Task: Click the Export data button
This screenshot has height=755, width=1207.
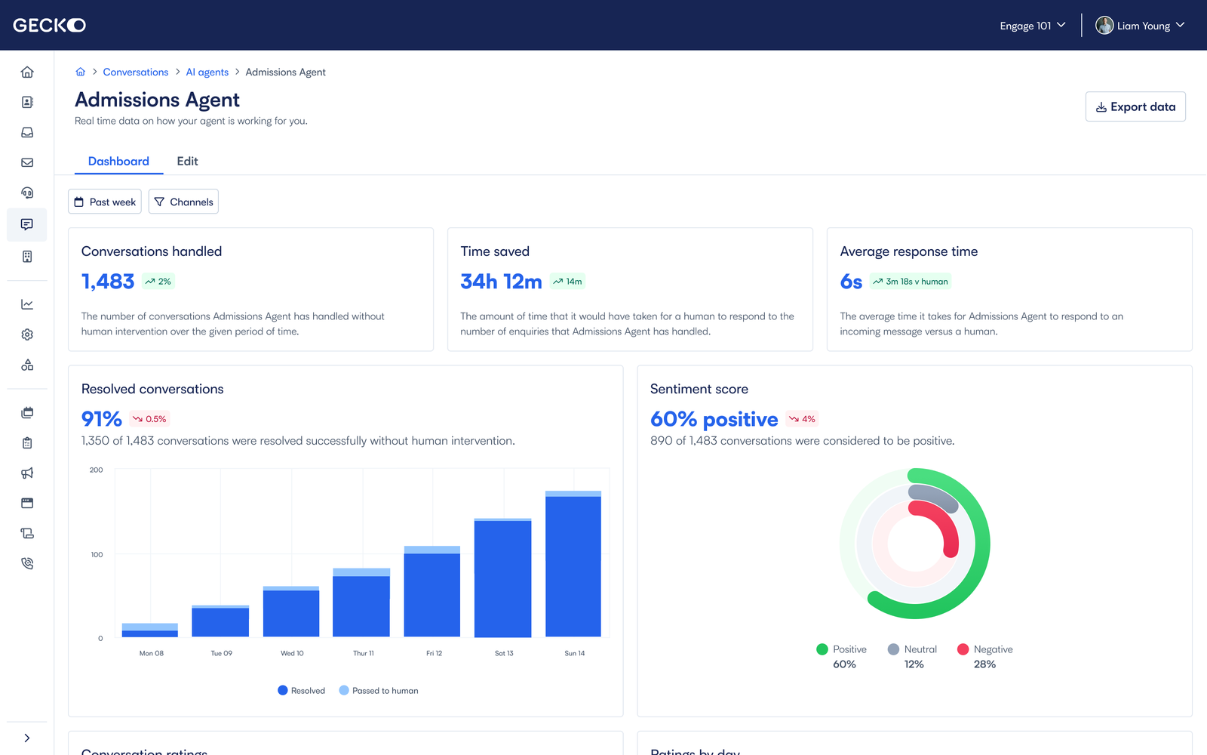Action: tap(1135, 106)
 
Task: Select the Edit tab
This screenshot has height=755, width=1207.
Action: tap(187, 161)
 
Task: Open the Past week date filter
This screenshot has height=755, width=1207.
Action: tap(105, 202)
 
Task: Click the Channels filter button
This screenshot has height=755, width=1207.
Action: tap(183, 202)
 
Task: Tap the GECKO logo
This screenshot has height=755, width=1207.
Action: tap(49, 25)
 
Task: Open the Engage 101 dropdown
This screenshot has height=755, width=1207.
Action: tap(1032, 26)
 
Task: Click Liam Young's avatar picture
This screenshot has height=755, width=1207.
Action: tap(1104, 25)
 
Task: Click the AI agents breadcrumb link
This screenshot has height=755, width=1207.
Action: tap(207, 72)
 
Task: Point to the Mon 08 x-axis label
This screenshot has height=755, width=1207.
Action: tap(151, 653)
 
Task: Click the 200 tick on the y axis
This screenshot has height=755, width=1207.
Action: tap(97, 470)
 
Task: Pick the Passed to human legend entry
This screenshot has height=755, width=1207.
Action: tap(379, 690)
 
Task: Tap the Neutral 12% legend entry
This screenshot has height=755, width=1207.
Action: tap(913, 656)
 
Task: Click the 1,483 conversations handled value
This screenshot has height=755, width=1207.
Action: tap(108, 282)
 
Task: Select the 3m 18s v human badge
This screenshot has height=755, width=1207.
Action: tap(911, 282)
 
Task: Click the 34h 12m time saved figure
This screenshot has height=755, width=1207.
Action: tap(501, 282)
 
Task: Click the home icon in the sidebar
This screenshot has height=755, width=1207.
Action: tap(27, 72)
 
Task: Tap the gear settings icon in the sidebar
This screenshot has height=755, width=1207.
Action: tap(27, 334)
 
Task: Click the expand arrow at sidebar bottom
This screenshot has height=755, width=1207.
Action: tap(27, 738)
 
